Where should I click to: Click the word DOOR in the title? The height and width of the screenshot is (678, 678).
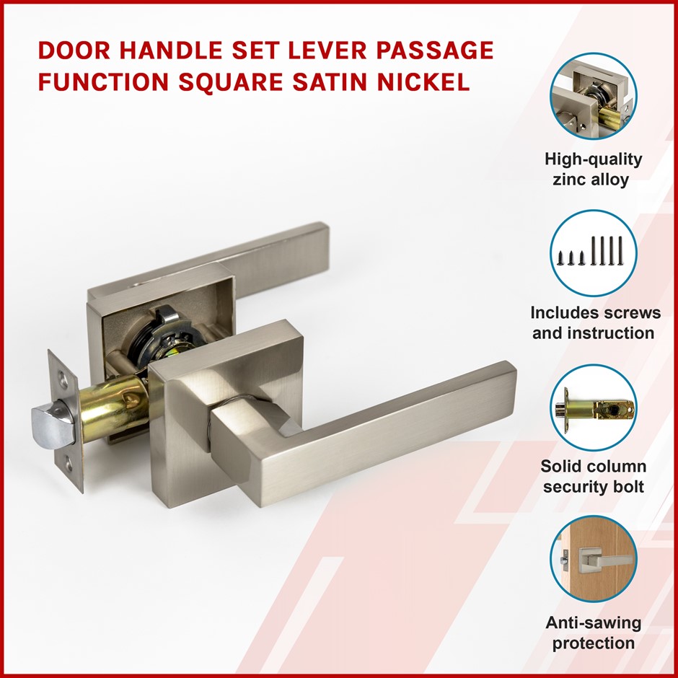[74, 50]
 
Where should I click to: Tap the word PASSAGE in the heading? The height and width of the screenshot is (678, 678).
[434, 50]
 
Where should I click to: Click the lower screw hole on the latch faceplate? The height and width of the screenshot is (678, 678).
[69, 466]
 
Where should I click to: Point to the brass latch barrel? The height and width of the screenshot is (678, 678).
[113, 410]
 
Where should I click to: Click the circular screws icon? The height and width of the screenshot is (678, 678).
[593, 253]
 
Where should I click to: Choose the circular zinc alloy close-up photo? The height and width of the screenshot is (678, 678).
[593, 96]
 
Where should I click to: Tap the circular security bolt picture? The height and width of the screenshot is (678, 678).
[593, 408]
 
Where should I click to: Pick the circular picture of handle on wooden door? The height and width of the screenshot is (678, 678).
[593, 559]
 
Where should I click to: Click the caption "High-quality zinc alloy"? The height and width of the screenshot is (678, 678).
[593, 169]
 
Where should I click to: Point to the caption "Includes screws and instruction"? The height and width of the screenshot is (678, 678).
[595, 323]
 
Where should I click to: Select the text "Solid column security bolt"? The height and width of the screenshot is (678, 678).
[593, 476]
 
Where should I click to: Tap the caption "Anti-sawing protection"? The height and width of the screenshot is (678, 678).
[593, 633]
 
